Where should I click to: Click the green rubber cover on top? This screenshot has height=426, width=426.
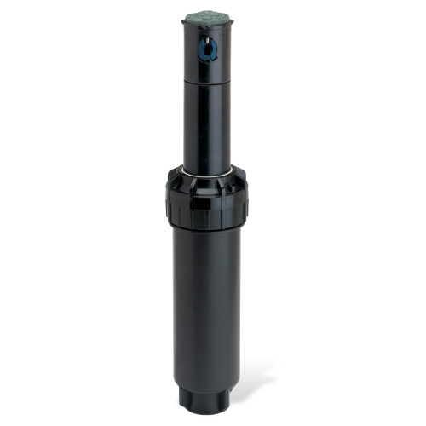[x=206, y=16]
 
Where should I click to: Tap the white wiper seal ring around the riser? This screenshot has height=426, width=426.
[x=207, y=170]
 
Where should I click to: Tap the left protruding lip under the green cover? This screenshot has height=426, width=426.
[x=185, y=23]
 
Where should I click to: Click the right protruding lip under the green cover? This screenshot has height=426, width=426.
[x=230, y=22]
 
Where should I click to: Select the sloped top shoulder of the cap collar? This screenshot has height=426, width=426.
[x=207, y=177]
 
